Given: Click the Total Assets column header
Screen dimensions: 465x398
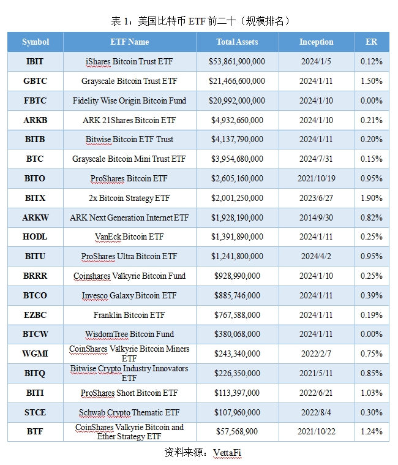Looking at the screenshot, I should (237, 42).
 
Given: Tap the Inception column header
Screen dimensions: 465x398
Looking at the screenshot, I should (316, 42).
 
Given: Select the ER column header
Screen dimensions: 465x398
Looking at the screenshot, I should (371, 42).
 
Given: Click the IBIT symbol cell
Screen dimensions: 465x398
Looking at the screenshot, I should (35, 62).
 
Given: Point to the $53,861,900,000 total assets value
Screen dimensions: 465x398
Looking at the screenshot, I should (237, 62).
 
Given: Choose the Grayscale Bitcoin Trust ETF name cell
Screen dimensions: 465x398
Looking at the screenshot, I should (129, 81).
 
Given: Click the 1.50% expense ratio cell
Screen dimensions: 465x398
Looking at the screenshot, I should (371, 81).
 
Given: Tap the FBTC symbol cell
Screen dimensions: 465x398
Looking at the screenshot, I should (35, 100).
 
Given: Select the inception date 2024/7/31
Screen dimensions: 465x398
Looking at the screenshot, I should (316, 159).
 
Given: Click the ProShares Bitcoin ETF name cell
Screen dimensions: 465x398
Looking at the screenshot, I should (129, 178).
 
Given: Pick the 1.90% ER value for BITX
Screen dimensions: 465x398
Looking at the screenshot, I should (371, 198).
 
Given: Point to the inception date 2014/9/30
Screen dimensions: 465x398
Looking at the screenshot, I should (316, 217).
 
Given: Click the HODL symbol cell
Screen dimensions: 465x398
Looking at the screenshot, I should (35, 236).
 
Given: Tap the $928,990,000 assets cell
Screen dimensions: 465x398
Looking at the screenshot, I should (237, 276).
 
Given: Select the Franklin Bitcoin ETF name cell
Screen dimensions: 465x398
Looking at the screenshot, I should (129, 315).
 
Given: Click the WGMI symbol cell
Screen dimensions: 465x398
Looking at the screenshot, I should (35, 353).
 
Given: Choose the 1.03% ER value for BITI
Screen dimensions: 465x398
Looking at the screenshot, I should (371, 393).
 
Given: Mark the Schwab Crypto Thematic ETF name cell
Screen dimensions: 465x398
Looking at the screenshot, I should (129, 412).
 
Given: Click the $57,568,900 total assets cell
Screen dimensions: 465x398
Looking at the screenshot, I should (237, 432).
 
